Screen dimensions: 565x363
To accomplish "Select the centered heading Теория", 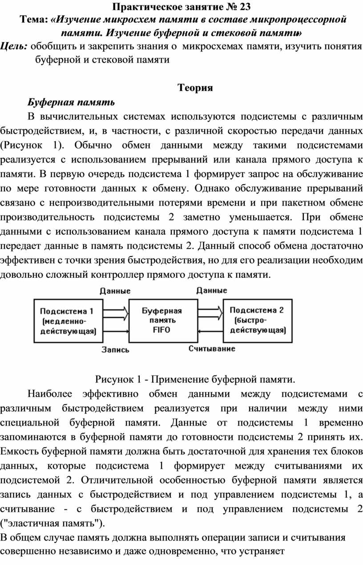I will tap(195, 88).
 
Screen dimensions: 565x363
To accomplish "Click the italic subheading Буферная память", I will tap(71, 102).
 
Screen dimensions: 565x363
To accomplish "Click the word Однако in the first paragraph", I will tap(211, 187).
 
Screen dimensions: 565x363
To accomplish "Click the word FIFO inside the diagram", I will tap(161, 330).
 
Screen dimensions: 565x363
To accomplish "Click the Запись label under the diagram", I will tap(115, 350).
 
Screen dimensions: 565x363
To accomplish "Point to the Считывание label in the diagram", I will tap(211, 348).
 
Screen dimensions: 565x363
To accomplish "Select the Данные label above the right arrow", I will tap(211, 290).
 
